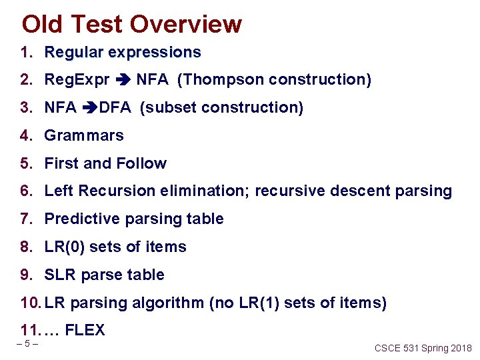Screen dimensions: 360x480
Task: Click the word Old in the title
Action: click(x=43, y=24)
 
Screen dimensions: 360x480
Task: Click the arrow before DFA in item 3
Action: click(x=89, y=108)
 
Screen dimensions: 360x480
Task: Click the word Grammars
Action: click(x=84, y=135)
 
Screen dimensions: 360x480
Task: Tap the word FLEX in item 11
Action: click(x=85, y=330)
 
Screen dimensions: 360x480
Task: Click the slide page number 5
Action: click(x=27, y=344)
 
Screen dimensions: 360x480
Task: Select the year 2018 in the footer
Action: click(x=460, y=348)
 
